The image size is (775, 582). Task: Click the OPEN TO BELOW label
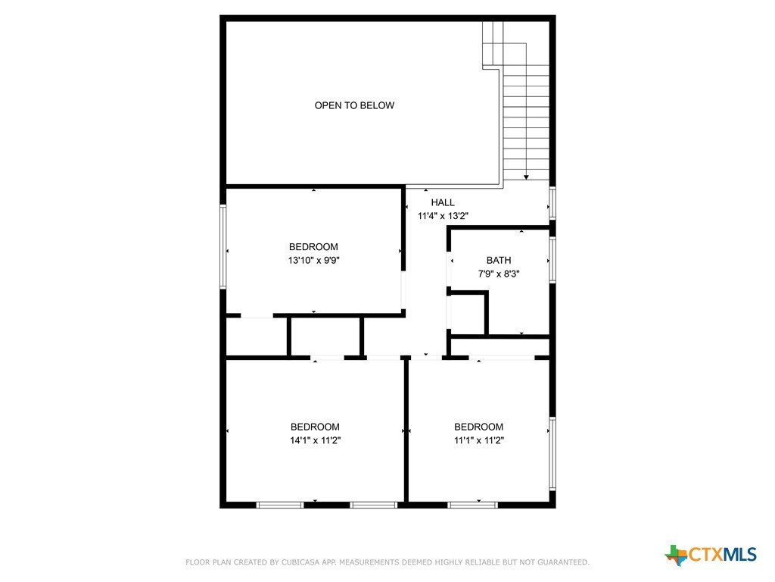click(x=354, y=105)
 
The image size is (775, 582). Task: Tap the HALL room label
click(x=443, y=202)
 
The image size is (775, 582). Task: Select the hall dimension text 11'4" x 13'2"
click(x=443, y=216)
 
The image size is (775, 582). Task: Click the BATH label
click(x=499, y=261)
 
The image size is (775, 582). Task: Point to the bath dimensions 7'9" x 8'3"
click(x=499, y=274)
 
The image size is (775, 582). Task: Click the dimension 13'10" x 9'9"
click(x=314, y=261)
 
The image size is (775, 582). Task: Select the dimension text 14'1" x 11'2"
click(x=316, y=440)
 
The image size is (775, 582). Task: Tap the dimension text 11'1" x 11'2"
click(x=479, y=440)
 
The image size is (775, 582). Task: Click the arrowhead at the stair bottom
click(x=527, y=177)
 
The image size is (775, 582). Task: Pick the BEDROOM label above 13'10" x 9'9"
click(x=314, y=247)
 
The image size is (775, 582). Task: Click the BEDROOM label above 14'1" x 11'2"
click(x=316, y=427)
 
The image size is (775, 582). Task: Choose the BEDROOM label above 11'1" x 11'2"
click(x=479, y=427)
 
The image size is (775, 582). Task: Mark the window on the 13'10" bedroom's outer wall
click(x=223, y=246)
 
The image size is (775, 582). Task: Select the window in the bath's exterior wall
click(x=552, y=260)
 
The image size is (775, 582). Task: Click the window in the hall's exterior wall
click(x=552, y=202)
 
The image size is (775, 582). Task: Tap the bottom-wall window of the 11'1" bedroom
click(x=472, y=505)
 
